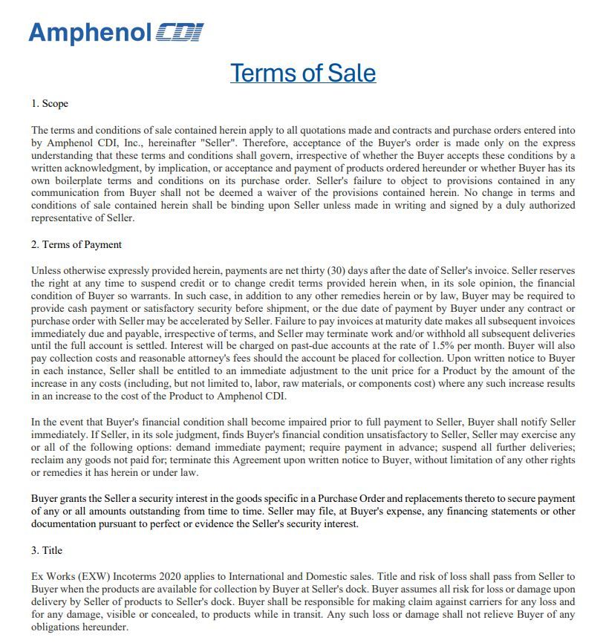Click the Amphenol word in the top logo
(x=89, y=32)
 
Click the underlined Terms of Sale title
(x=303, y=73)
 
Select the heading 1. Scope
(x=50, y=103)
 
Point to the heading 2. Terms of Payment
(x=76, y=244)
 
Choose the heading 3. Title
(x=47, y=550)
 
